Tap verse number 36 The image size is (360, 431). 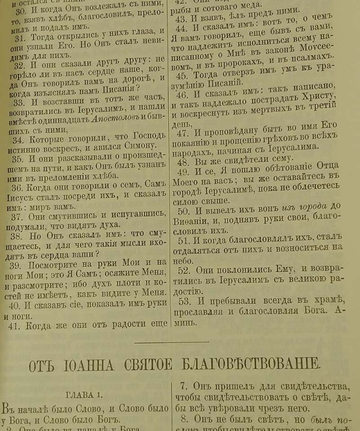pos(17,185)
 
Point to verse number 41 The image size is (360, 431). pos(17,324)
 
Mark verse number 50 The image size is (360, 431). pos(183,211)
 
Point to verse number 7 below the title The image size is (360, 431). pos(183,386)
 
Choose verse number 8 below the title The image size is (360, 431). pos(184,419)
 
